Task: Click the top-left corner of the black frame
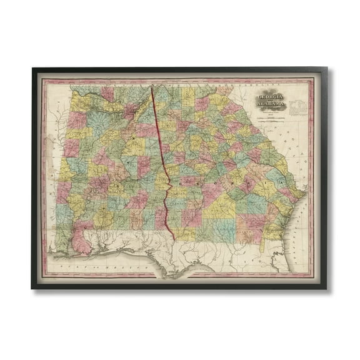[x=32, y=71]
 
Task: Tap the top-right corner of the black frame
[x=327, y=71]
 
